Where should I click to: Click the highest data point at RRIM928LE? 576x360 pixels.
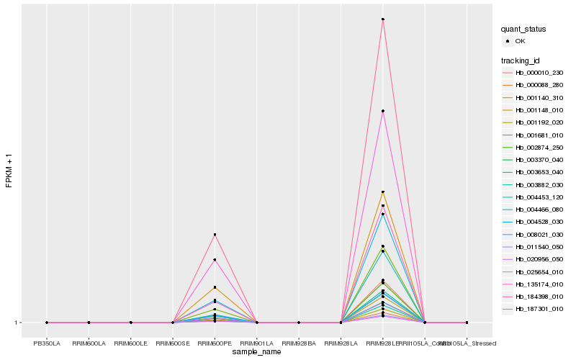382,19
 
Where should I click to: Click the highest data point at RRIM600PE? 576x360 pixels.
215,235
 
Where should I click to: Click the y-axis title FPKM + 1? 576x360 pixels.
9,170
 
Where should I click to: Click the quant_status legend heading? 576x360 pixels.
523,30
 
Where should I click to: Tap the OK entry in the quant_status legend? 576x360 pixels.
520,41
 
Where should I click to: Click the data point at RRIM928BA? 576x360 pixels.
299,323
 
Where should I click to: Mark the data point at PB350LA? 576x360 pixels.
47,323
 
